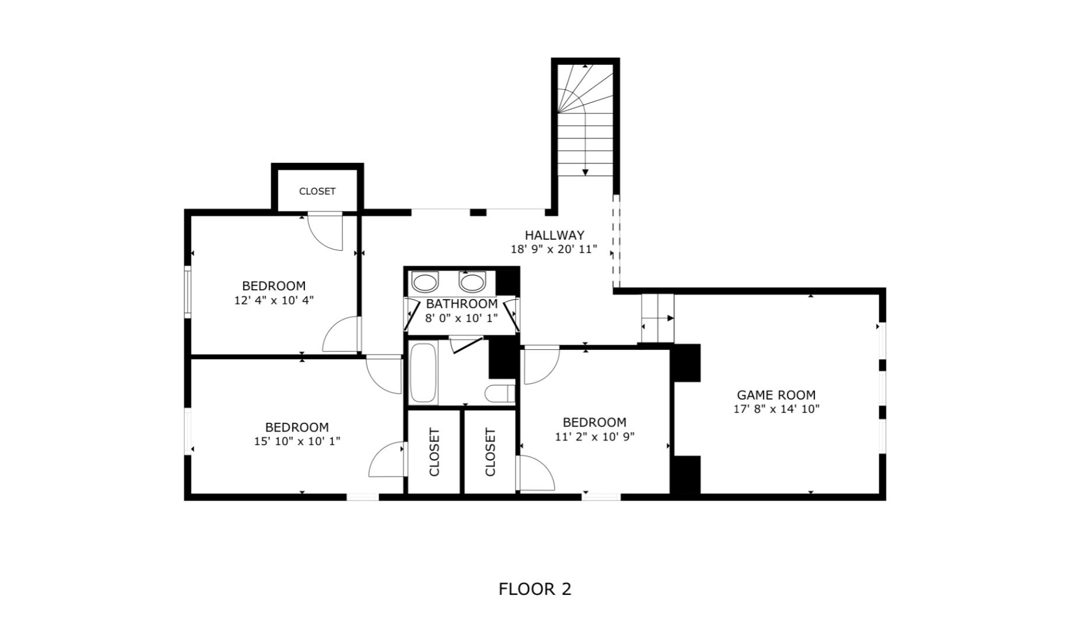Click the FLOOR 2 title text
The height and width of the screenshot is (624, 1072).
coord(535,589)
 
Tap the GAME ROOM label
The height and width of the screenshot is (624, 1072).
coord(776,395)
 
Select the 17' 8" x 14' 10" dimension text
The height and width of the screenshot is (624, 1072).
coord(776,409)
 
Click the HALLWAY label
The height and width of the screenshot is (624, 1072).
coord(554,235)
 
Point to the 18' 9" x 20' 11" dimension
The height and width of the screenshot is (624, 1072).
coord(554,250)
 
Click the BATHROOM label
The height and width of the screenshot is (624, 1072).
coord(461,304)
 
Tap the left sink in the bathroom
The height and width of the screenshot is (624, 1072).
coord(425,282)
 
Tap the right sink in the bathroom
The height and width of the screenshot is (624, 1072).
coord(472,282)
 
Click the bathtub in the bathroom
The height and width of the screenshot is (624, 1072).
coord(423,373)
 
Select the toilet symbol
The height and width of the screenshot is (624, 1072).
coord(500,394)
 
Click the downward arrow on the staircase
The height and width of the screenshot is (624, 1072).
coord(585,170)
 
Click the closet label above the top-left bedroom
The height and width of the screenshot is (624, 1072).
coord(317,191)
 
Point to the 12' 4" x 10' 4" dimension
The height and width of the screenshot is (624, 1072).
coord(274,300)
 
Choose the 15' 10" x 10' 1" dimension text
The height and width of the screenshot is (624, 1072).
coord(297,441)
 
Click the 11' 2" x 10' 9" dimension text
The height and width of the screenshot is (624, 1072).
coord(594,436)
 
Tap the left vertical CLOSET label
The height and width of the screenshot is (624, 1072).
coord(434,452)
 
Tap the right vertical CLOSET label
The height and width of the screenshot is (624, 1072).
coord(490,452)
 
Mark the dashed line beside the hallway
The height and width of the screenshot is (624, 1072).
coord(616,242)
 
